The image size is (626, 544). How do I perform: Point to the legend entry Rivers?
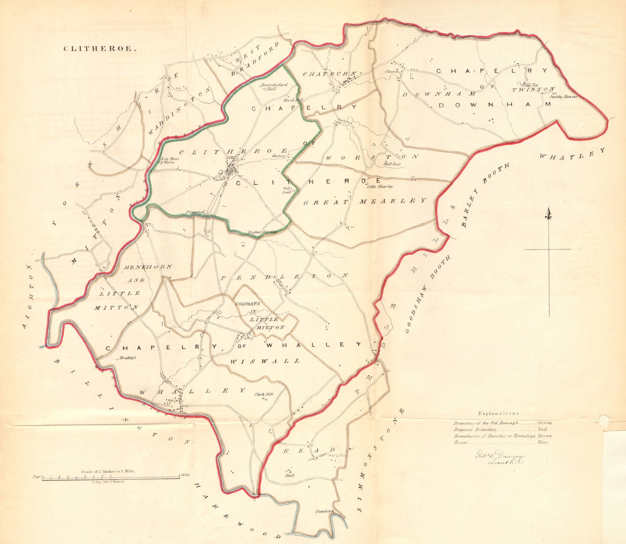(461, 443)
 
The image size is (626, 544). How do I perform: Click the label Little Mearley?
(380, 187)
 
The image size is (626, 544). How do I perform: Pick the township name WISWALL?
(264, 361)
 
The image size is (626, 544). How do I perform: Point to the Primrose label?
(196, 213)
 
